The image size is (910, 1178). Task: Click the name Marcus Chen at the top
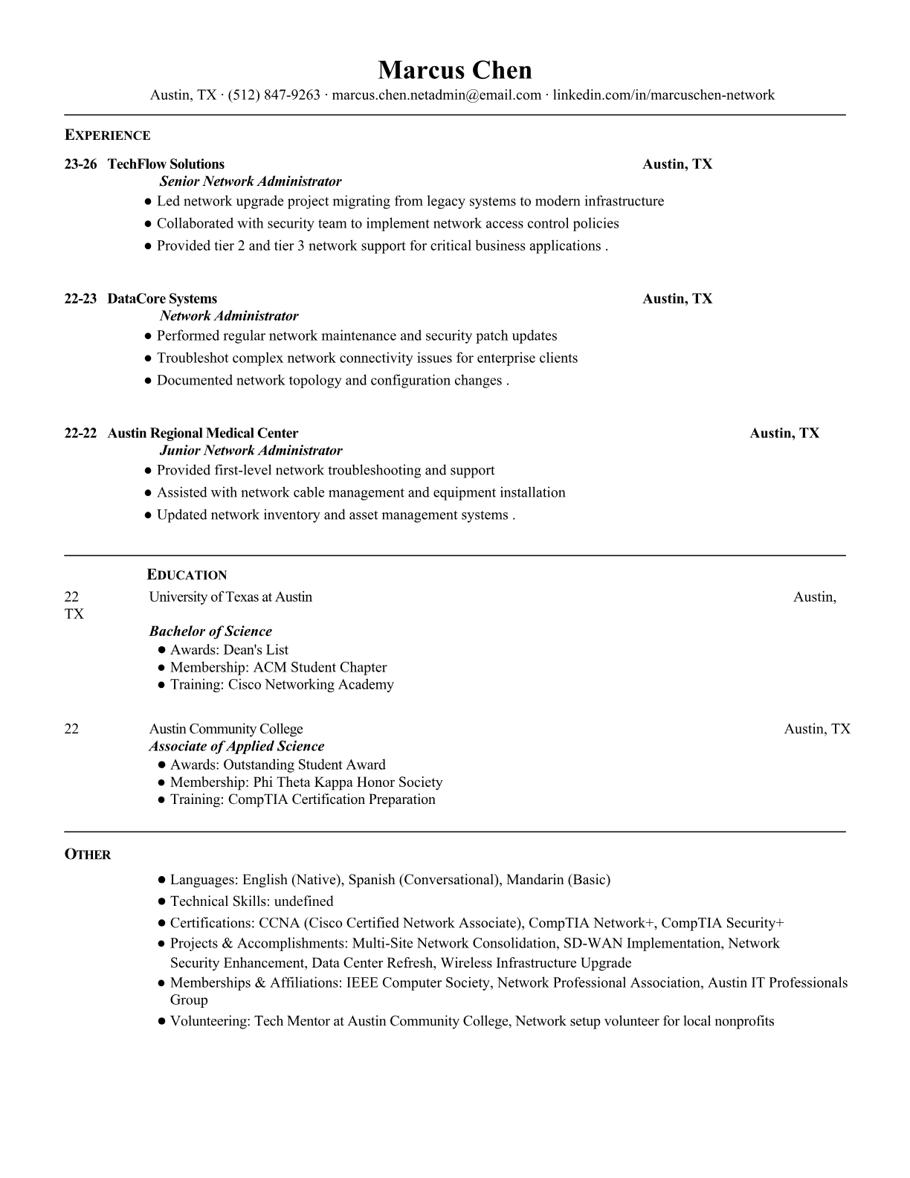tap(454, 70)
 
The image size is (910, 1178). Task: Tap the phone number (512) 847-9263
tap(274, 95)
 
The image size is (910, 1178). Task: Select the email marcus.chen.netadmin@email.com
tap(436, 95)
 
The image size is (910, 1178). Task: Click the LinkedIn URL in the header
tap(664, 95)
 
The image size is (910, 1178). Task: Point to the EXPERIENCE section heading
tap(107, 135)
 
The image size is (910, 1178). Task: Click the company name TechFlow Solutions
tap(166, 164)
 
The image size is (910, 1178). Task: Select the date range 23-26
tap(80, 164)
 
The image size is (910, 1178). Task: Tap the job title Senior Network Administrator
tap(251, 181)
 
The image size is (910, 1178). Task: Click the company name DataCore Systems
tap(162, 299)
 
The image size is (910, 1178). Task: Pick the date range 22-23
tap(80, 299)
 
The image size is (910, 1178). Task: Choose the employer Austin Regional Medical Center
tap(203, 434)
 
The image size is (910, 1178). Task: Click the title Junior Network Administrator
tap(251, 451)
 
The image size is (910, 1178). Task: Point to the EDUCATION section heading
tap(187, 575)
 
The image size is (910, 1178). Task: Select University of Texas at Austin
tap(230, 597)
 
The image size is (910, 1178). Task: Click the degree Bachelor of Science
tap(210, 631)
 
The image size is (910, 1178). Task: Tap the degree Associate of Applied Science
tap(236, 747)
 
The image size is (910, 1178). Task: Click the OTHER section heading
tap(87, 854)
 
